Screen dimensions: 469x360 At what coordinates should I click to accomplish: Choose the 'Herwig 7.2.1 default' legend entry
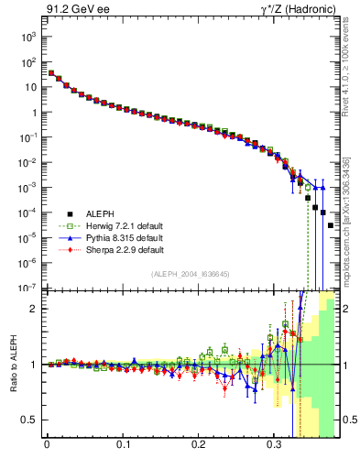click(104, 225)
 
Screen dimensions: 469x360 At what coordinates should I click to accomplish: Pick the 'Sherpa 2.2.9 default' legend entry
click(104, 249)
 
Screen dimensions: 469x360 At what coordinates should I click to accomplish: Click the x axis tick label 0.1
click(123, 448)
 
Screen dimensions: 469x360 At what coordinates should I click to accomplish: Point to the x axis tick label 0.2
click(198, 448)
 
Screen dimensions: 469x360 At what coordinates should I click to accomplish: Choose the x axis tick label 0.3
click(274, 448)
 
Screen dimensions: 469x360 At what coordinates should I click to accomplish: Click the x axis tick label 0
click(47, 448)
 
